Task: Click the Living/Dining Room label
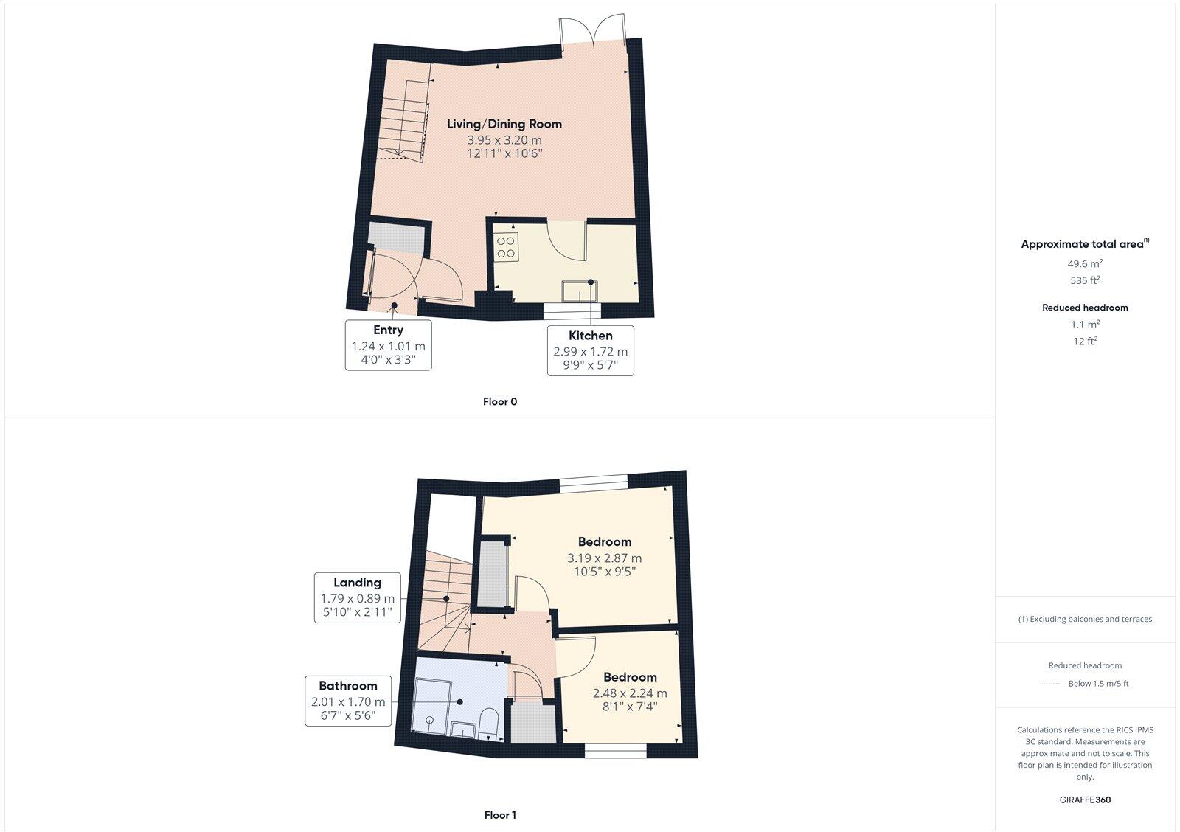point(504,124)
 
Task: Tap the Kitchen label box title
point(590,336)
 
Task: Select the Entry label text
point(388,330)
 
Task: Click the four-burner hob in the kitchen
point(507,246)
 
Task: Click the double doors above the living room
point(593,32)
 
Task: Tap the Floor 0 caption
point(500,402)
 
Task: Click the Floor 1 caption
point(500,815)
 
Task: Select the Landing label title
point(357,583)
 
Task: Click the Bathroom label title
point(348,686)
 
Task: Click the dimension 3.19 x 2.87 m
point(604,558)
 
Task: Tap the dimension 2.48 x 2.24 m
point(630,693)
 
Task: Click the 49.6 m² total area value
point(1085,263)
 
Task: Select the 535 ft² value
point(1085,280)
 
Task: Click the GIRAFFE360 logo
point(1085,800)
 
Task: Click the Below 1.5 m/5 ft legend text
point(1098,684)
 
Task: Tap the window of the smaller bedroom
point(616,752)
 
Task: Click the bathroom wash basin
point(464,729)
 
